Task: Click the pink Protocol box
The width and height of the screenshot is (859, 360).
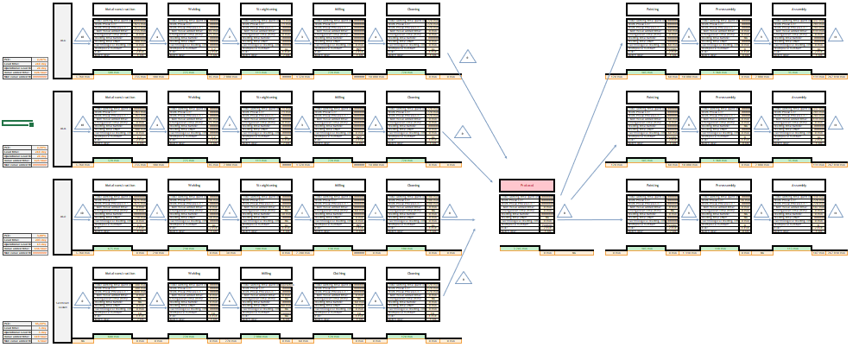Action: point(527,186)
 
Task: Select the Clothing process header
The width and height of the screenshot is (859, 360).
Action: point(339,274)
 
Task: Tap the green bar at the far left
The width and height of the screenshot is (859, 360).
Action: point(17,124)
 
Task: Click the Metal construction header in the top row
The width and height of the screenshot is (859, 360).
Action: point(119,9)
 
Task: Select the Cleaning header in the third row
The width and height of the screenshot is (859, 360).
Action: point(413,186)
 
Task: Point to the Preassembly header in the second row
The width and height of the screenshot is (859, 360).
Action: point(725,98)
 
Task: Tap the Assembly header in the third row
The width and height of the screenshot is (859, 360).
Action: point(799,186)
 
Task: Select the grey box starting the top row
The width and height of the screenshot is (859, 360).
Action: point(62,40)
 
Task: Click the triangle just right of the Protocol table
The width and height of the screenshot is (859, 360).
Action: point(565,212)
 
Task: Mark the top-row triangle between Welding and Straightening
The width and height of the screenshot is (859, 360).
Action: point(230,36)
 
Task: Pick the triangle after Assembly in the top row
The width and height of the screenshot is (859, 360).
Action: point(835,36)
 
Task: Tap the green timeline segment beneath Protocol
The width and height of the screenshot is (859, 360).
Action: point(527,249)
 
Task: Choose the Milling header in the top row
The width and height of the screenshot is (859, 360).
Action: point(339,9)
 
